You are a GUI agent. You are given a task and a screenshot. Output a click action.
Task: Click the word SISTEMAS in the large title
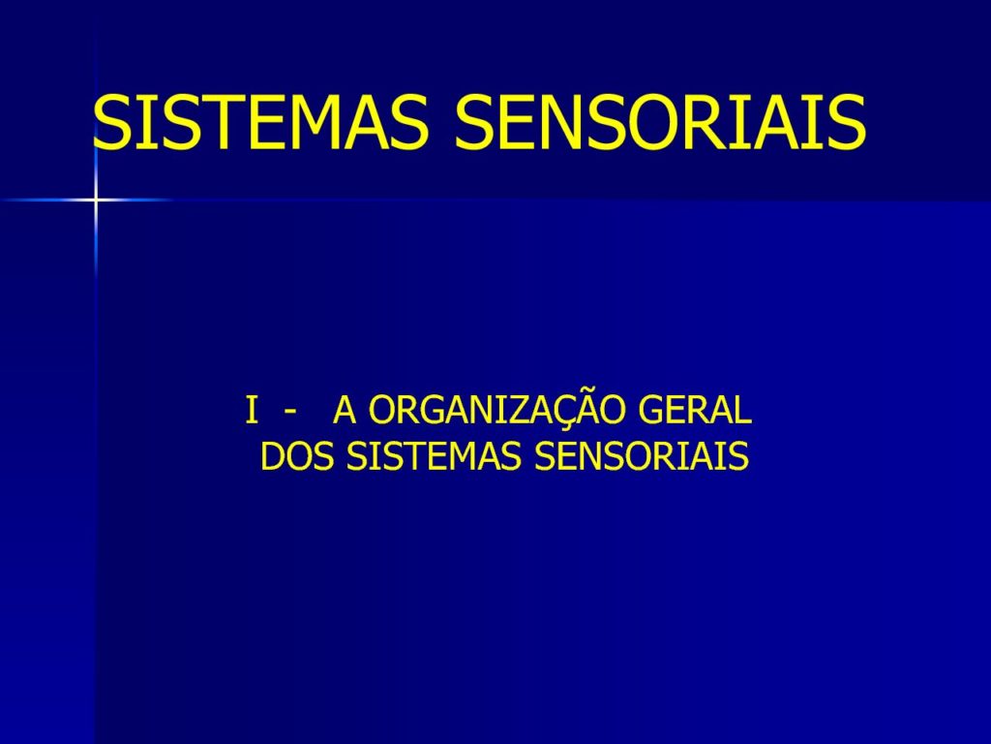[x=261, y=122]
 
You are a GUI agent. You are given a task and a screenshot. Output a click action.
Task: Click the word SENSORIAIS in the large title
[x=660, y=122]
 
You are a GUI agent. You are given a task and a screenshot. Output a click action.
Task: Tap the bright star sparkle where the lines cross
[x=96, y=200]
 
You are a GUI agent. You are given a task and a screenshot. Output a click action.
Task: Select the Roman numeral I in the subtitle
[x=253, y=411]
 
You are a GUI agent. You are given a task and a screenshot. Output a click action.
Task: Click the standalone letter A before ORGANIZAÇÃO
[x=345, y=411]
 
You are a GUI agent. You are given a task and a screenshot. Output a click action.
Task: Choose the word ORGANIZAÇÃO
[x=498, y=409]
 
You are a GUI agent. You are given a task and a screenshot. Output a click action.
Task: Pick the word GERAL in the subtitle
[x=695, y=411]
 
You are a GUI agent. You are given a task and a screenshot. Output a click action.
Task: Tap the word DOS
[x=296, y=456]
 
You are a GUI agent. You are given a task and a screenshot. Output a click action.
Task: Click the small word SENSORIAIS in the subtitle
[x=641, y=456]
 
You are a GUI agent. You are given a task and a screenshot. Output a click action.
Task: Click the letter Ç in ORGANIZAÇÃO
[x=563, y=413]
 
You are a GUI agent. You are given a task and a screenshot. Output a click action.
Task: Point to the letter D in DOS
[x=272, y=456]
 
